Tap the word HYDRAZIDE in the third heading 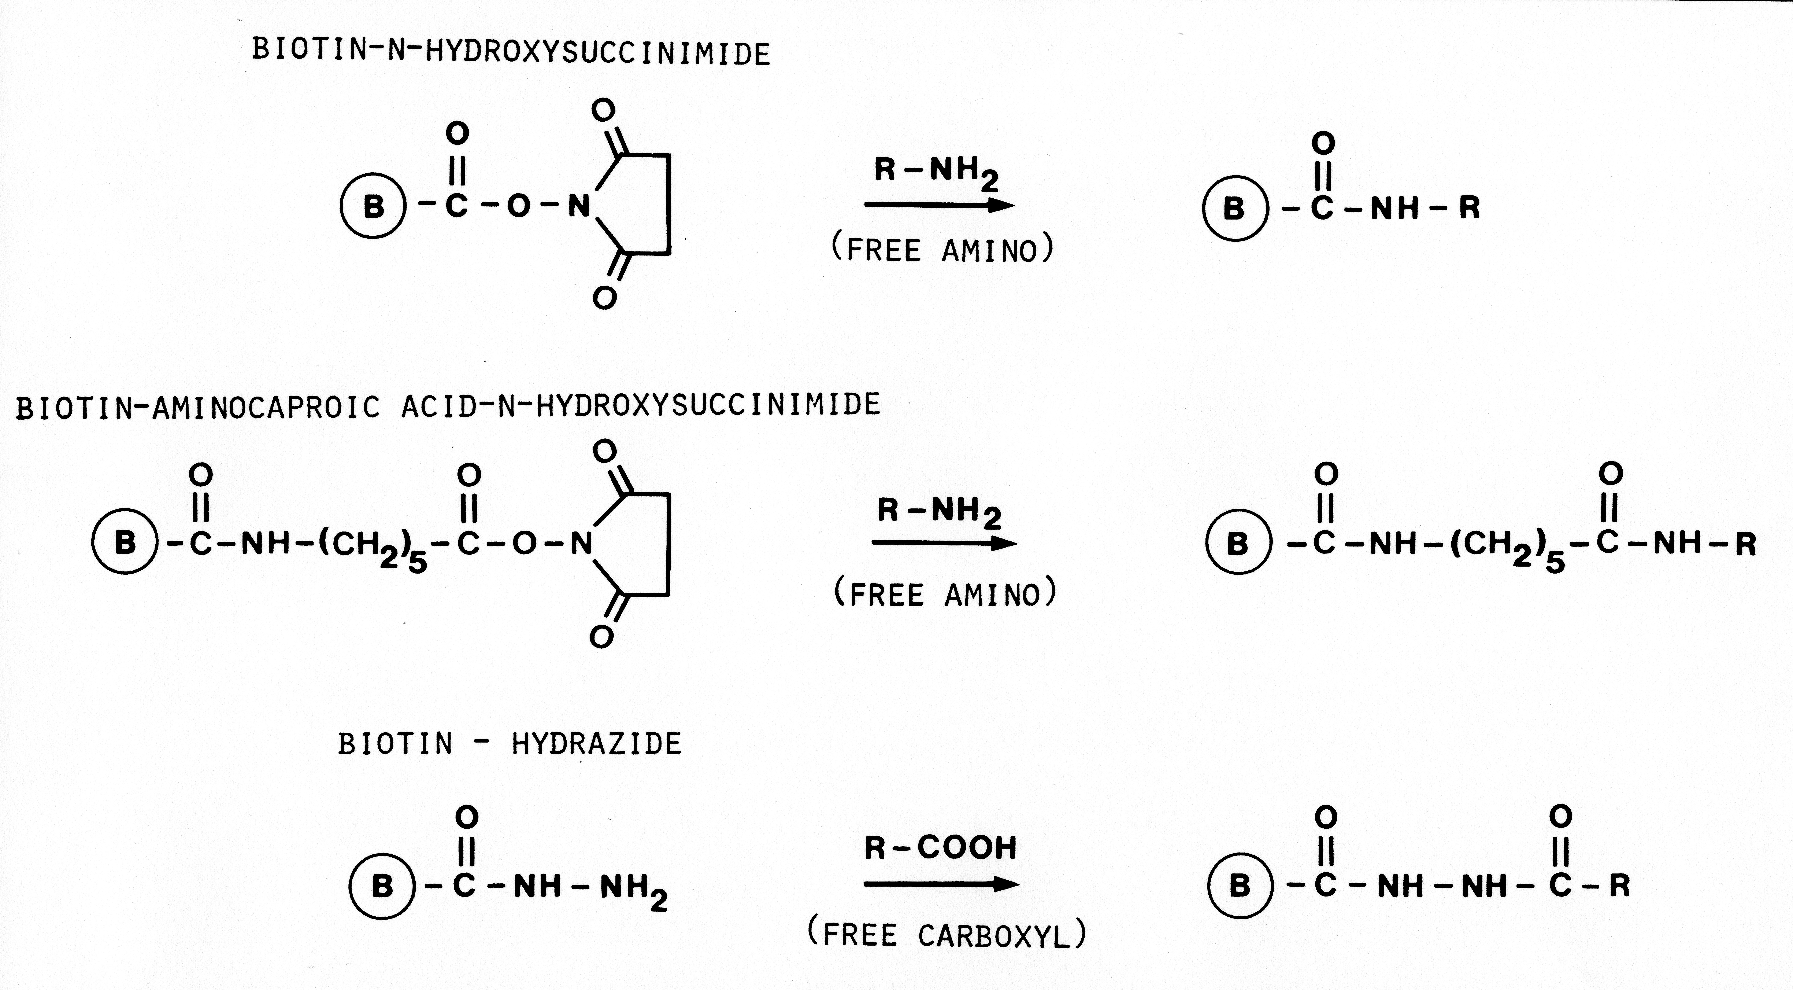click(597, 744)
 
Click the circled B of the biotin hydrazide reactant click(382, 886)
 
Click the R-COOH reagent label click(940, 847)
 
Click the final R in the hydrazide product click(1620, 886)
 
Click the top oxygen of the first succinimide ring click(604, 109)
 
